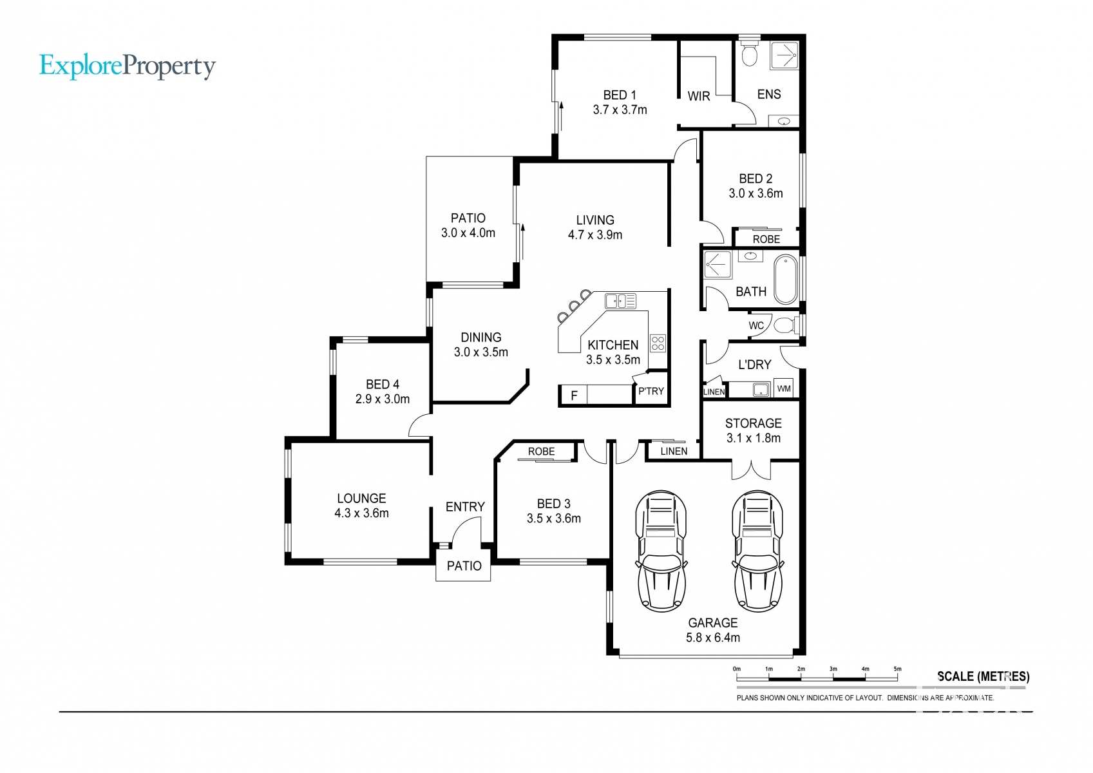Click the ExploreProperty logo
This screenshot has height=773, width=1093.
coord(128,66)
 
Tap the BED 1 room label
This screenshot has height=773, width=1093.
coord(620,95)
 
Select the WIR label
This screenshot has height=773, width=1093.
coord(699,96)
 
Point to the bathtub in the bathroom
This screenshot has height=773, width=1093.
coord(786,279)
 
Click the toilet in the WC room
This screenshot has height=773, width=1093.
coord(786,325)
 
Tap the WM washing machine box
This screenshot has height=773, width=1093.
coord(784,388)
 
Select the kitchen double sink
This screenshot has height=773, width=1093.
coord(620,301)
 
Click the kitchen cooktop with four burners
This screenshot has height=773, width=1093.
coord(658,343)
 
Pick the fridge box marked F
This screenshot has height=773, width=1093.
coord(574,396)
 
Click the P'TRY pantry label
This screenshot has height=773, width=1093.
coord(651,391)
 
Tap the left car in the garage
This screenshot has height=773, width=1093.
coord(661,551)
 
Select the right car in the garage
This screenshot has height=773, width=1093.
coord(758,551)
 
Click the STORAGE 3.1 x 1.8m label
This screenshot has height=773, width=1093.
coord(754,430)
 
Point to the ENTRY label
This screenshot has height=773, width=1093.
coord(465,507)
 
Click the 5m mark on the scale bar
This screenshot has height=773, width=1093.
coord(897,669)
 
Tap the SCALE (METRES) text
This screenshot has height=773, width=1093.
coord(984,676)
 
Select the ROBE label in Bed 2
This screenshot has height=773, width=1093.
coord(766,239)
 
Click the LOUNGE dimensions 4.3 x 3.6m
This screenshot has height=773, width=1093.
coord(361,513)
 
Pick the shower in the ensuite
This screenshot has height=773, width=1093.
coord(784,55)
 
